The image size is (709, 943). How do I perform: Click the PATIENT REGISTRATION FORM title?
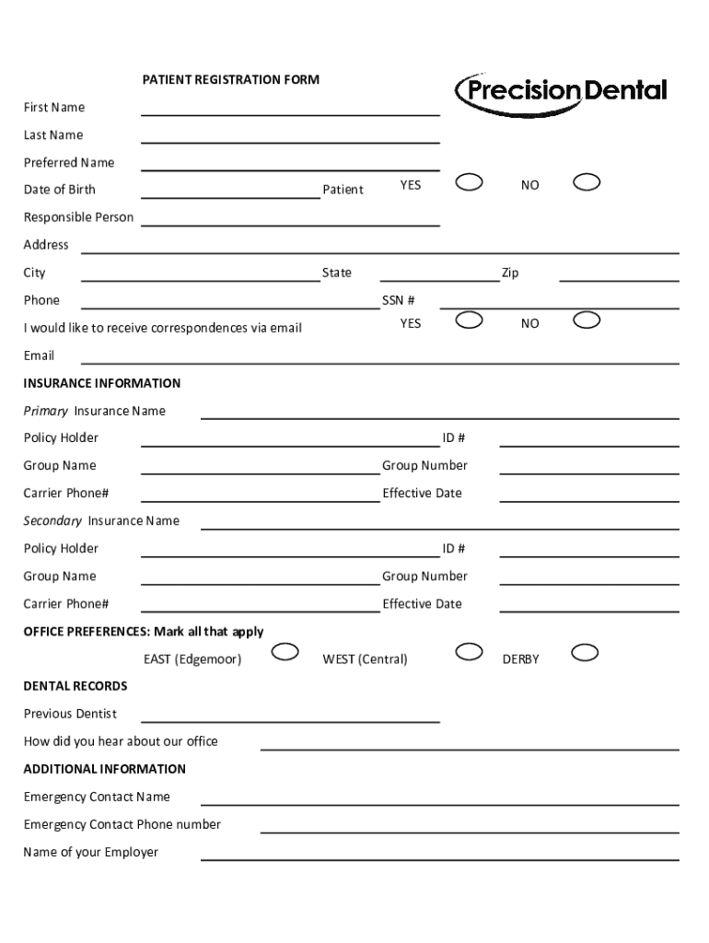pos(230,80)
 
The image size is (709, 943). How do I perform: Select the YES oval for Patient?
pos(470,181)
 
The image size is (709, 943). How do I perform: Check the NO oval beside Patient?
pos(587,181)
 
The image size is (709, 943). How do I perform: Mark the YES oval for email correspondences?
pos(470,320)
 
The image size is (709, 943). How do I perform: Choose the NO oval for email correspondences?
pos(587,320)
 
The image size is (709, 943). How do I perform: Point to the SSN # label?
pos(399,300)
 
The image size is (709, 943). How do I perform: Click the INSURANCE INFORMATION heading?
pos(101,383)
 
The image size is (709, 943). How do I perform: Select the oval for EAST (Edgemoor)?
pos(285,653)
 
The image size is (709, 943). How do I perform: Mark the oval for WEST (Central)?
pos(470,652)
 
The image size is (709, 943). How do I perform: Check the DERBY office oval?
pos(586,653)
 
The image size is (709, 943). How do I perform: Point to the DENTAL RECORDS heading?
pos(76,686)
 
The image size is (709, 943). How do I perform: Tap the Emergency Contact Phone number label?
pos(122,824)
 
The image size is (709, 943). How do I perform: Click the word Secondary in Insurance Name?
pos(52,521)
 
